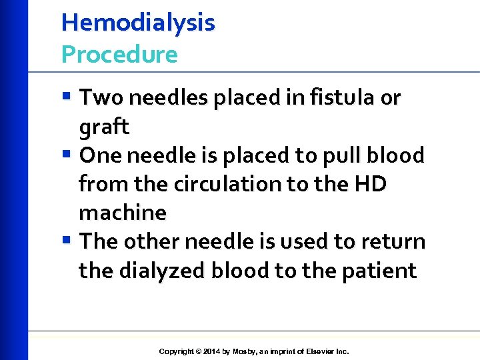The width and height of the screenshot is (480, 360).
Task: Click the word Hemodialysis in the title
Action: coord(138,23)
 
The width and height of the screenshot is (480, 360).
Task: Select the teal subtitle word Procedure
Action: coord(119,55)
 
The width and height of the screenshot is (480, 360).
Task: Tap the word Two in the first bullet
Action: coord(101,98)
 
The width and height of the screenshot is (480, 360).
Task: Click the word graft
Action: coord(103,127)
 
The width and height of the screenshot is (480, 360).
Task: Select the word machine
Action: coord(123,213)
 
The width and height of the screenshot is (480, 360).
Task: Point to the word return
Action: coord(393,241)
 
